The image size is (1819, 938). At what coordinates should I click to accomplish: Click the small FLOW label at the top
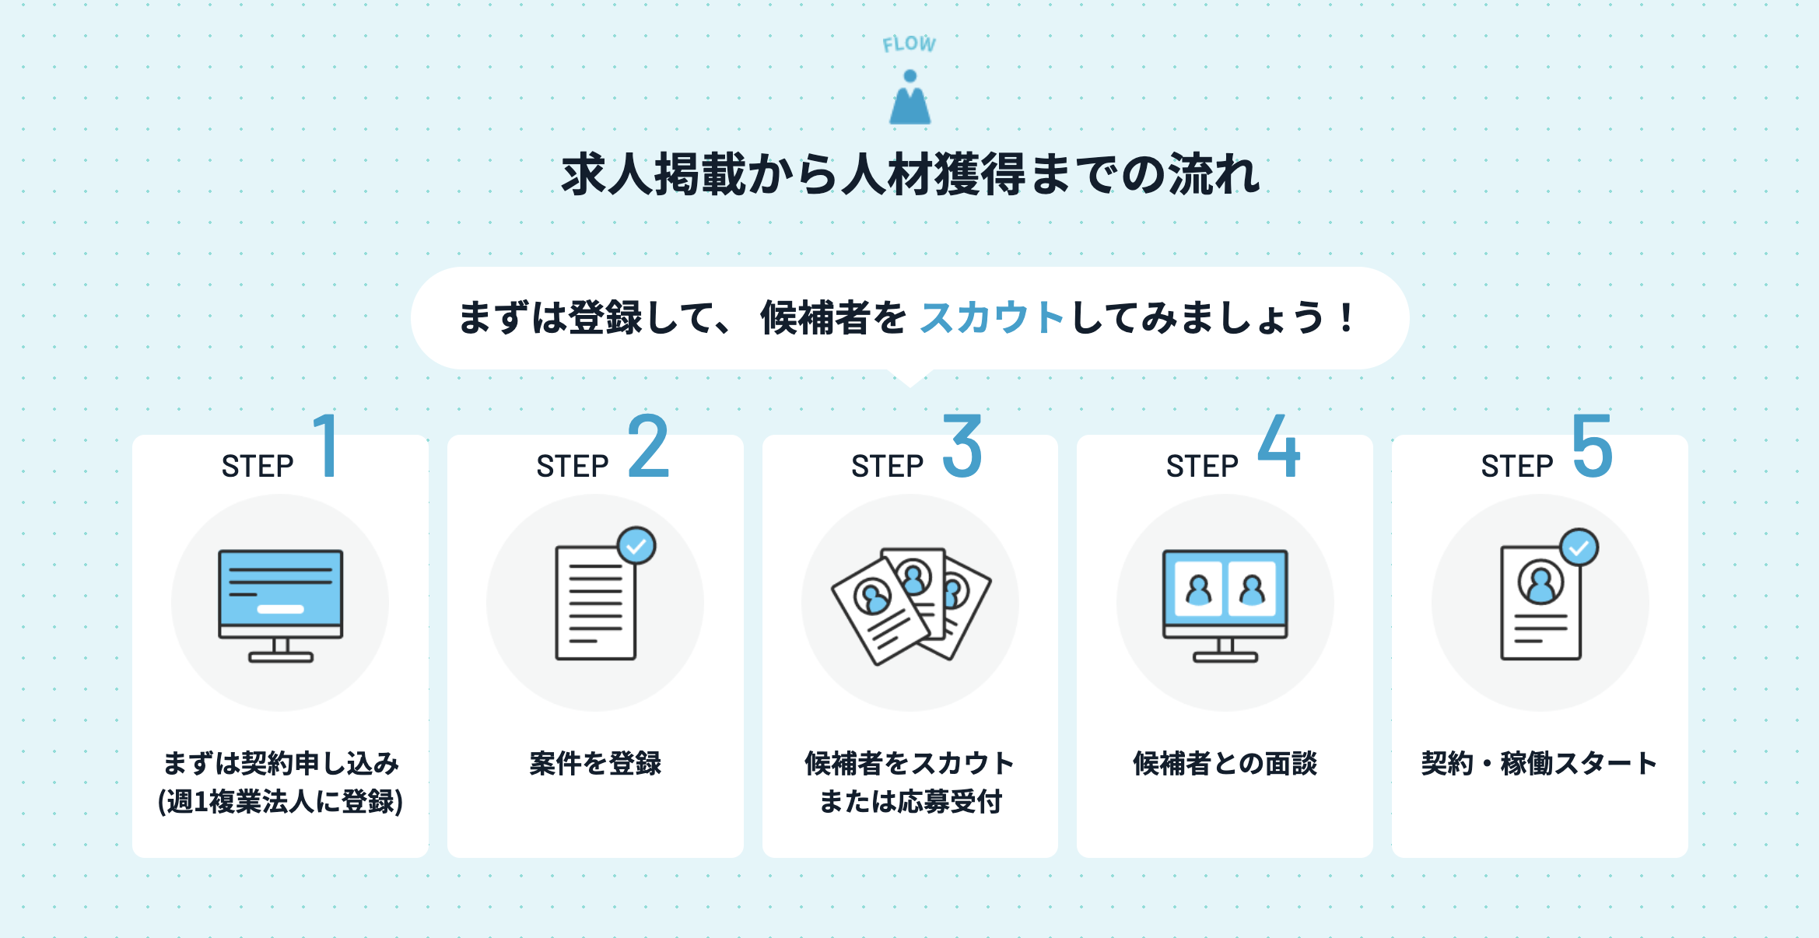(x=909, y=44)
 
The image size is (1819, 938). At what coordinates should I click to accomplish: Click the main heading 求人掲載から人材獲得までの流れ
(x=909, y=174)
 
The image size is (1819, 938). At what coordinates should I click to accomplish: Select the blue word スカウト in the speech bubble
(x=991, y=318)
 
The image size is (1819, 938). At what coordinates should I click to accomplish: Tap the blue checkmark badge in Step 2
(x=636, y=546)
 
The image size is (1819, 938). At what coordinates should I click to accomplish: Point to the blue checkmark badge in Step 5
(x=1579, y=548)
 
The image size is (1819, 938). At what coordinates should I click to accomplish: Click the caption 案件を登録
(x=595, y=764)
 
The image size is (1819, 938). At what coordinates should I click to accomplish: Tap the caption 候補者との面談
(x=1225, y=764)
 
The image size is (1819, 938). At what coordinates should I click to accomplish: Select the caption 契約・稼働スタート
(x=1539, y=764)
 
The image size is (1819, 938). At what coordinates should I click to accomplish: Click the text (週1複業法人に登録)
(x=281, y=802)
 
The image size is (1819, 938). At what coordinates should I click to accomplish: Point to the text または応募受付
(x=910, y=802)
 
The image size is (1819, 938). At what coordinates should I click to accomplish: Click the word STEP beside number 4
(x=1202, y=467)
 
